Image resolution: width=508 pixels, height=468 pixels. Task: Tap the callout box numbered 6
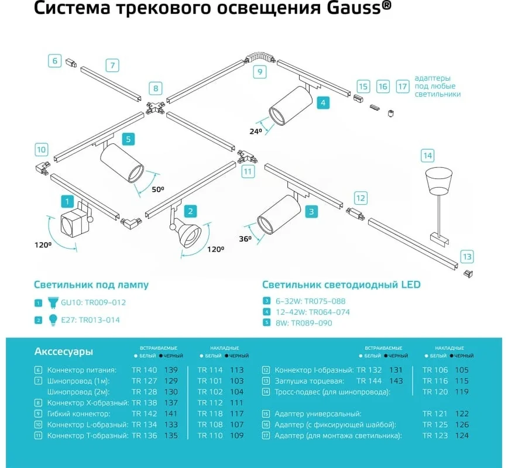click(x=55, y=61)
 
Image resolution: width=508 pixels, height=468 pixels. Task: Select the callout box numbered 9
click(x=260, y=71)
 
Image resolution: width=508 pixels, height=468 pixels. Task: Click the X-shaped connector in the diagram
click(x=155, y=108)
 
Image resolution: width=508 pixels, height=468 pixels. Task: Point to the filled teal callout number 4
click(x=323, y=103)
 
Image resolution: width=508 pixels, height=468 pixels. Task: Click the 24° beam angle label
click(x=256, y=131)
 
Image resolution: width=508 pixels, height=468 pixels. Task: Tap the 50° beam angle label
click(x=158, y=189)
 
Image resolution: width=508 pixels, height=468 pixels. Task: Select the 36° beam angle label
click(x=245, y=239)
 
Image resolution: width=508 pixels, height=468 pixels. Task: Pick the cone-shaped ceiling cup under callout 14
click(x=439, y=181)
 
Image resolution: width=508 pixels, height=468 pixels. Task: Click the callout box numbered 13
click(x=467, y=257)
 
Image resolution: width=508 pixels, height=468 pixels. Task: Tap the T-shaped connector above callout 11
click(x=248, y=157)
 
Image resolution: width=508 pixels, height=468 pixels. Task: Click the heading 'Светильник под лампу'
click(x=91, y=285)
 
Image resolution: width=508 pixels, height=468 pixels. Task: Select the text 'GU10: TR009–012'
click(x=93, y=302)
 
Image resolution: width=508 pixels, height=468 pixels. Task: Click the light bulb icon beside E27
click(x=53, y=320)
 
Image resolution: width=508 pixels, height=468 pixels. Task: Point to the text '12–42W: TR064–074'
click(x=313, y=312)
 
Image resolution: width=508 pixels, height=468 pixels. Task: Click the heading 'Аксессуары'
click(x=63, y=352)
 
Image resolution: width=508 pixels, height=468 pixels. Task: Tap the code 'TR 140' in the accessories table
click(x=144, y=370)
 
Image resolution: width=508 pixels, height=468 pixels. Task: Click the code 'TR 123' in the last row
click(x=435, y=436)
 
